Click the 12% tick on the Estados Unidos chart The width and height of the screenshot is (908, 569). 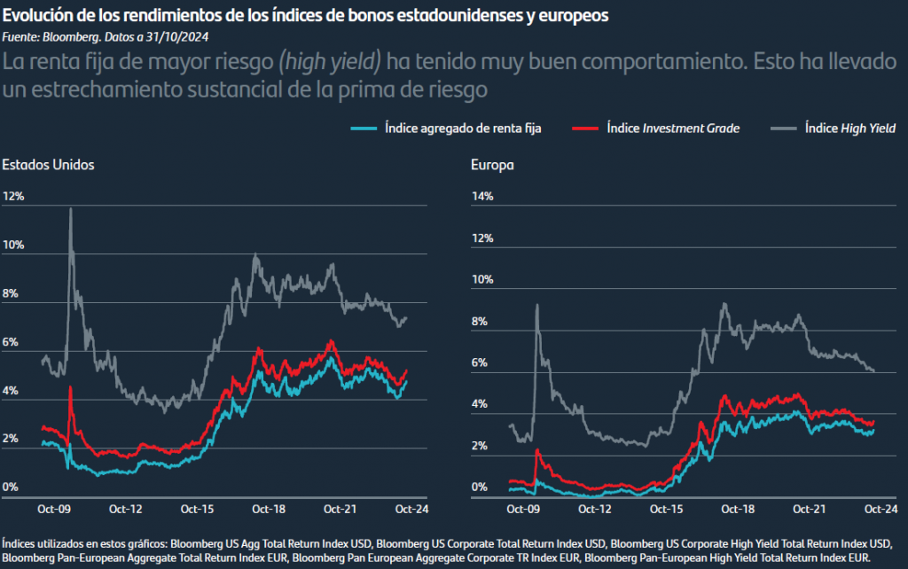[14, 196]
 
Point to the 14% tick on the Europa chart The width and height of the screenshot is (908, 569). [481, 196]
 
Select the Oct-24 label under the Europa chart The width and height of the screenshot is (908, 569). [879, 510]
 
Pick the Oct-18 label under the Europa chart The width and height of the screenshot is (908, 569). [737, 510]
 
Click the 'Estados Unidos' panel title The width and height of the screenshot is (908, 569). [48, 165]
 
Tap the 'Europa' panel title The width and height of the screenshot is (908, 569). [492, 165]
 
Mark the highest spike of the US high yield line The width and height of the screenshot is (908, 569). [71, 209]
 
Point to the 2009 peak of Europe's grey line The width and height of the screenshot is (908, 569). [536, 305]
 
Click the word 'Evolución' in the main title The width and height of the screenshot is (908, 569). [35, 17]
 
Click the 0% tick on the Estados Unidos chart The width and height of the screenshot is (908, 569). [10, 487]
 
